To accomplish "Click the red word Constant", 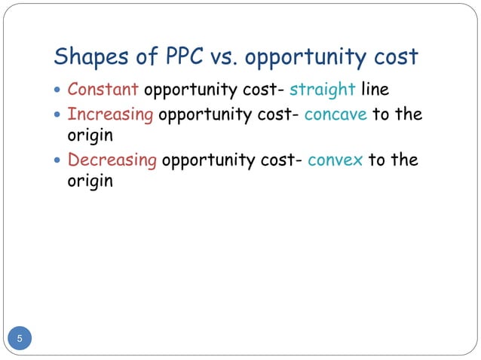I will tap(103, 90).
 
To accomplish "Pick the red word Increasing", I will tap(110, 114).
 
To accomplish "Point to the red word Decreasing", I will tap(113, 160).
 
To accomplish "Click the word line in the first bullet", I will tap(375, 90).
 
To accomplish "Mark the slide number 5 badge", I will tap(20, 338).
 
